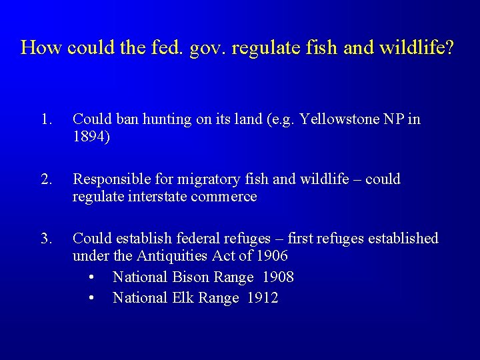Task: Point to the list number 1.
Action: [x=45, y=119]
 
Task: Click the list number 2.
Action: [x=45, y=179]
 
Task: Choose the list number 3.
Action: [x=45, y=238]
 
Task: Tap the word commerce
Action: [x=224, y=197]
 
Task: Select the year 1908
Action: [x=277, y=277]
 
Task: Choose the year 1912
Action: [x=262, y=297]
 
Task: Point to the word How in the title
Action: [x=41, y=47]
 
